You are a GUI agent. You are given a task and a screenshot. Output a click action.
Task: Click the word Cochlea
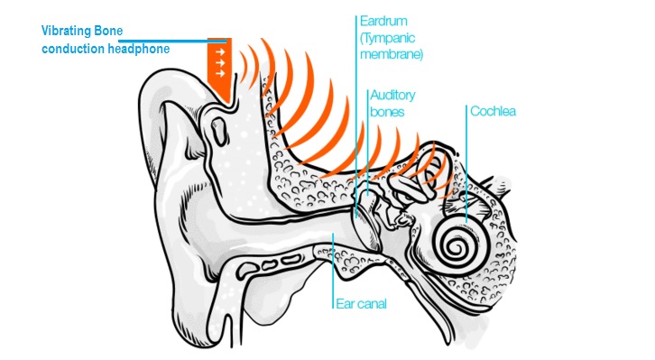(493, 111)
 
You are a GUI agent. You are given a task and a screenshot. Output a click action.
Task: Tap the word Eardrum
(383, 21)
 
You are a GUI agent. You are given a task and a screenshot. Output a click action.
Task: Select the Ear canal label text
(362, 304)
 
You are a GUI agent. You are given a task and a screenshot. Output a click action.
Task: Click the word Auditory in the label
(392, 96)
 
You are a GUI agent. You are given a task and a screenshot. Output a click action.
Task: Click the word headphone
(138, 49)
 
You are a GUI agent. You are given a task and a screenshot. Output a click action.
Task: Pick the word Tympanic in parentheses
(388, 38)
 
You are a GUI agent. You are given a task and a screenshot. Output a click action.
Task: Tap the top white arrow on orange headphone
(220, 52)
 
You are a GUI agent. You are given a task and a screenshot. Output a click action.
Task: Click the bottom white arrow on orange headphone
(220, 73)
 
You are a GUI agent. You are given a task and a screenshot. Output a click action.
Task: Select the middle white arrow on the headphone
(220, 63)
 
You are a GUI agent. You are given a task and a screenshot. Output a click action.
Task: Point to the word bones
(387, 113)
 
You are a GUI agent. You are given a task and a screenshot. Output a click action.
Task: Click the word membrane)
(392, 55)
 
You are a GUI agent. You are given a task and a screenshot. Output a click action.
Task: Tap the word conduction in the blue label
(73, 49)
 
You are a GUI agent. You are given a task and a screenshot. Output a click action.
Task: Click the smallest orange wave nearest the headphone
(244, 67)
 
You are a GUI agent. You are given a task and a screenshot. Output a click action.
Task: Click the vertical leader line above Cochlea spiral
(466, 164)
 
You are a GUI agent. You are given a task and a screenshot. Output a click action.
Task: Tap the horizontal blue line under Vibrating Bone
(173, 41)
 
